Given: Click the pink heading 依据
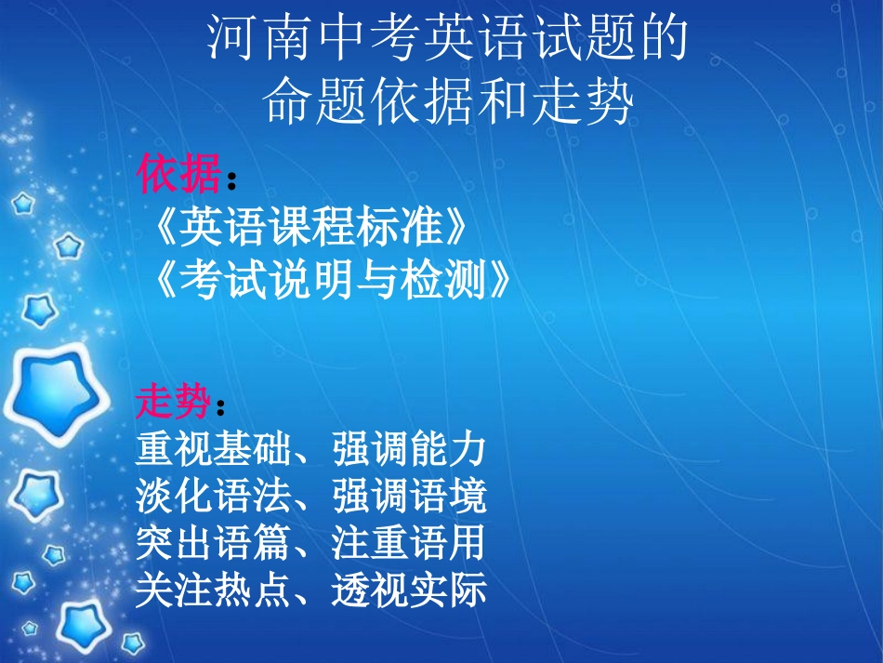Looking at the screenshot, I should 179,173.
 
